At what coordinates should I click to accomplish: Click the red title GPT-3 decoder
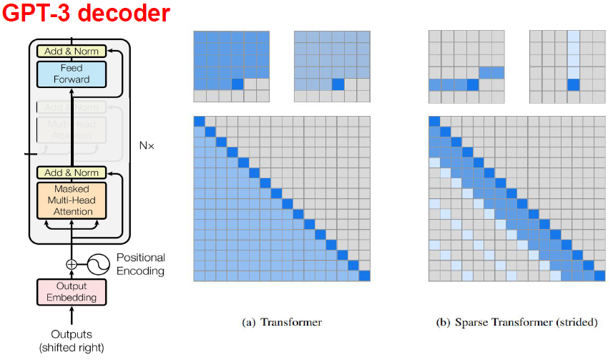(x=86, y=14)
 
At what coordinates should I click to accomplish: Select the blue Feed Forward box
(x=72, y=74)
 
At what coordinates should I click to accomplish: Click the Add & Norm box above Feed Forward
(x=72, y=51)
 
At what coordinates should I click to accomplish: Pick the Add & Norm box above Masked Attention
(x=72, y=172)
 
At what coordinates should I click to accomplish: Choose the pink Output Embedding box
(x=72, y=292)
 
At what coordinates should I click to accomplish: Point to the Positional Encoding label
(x=141, y=263)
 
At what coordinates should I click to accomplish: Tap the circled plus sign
(x=72, y=263)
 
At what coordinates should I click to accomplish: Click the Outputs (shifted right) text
(x=72, y=340)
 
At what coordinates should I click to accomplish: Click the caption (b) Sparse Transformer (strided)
(x=516, y=322)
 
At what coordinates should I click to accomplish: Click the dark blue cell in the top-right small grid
(x=574, y=84)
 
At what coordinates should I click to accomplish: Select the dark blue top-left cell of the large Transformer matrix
(x=200, y=120)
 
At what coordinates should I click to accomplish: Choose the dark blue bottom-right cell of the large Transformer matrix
(x=365, y=276)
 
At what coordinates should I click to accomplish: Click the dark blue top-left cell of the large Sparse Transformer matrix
(x=433, y=120)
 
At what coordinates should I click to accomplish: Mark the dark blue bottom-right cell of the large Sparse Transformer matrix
(x=598, y=276)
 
